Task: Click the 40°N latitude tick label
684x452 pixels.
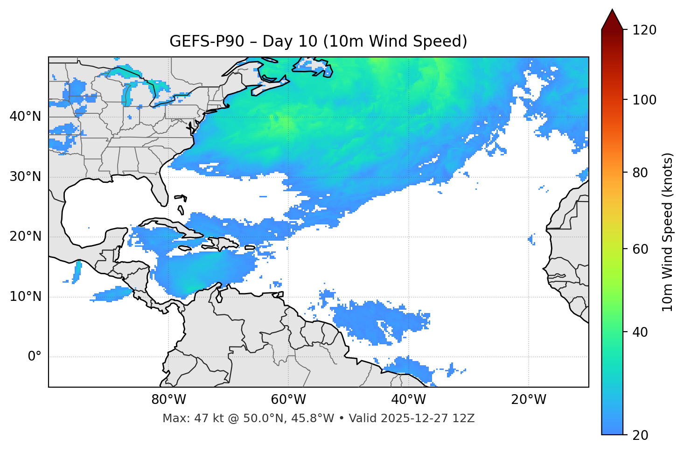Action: tap(25, 117)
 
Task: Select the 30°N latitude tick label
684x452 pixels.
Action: tap(25, 177)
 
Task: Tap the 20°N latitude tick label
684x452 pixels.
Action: tap(25, 236)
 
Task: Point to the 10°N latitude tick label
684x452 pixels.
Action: tap(25, 297)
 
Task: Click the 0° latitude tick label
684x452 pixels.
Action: tap(35, 357)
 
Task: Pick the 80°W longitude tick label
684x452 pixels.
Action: tap(168, 400)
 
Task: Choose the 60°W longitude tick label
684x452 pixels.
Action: tap(288, 400)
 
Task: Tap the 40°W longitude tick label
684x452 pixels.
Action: tap(409, 400)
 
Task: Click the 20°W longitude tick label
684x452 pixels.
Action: tap(529, 400)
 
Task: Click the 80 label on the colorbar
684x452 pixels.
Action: tap(640, 173)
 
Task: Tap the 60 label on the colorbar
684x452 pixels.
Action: tap(640, 249)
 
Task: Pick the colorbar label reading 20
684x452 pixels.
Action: tap(640, 435)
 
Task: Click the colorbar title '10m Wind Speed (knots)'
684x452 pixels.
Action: tap(668, 232)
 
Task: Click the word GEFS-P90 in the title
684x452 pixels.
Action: tap(207, 42)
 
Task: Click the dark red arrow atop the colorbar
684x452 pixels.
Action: tap(612, 20)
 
